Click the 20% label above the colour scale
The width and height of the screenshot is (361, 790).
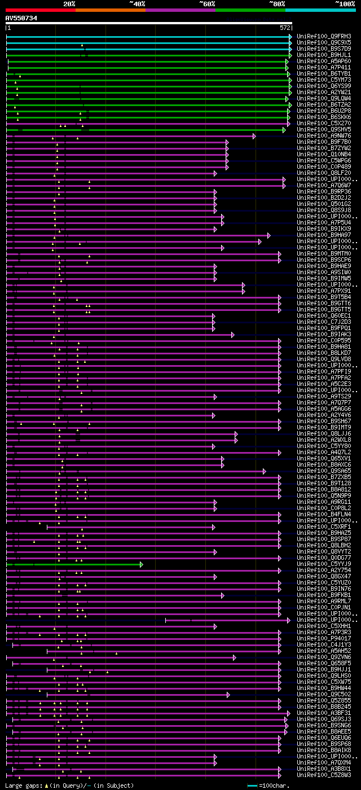[x=69, y=3]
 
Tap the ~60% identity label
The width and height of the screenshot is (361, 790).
[x=207, y=3]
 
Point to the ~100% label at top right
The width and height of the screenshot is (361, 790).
[x=345, y=3]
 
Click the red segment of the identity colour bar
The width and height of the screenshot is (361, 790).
[x=40, y=10]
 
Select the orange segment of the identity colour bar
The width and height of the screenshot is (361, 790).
[x=110, y=10]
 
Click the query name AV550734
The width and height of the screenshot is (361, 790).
[x=21, y=18]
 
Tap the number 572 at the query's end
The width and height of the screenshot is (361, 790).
[x=285, y=27]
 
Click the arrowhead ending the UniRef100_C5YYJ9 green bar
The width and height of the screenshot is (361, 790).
[x=141, y=564]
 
